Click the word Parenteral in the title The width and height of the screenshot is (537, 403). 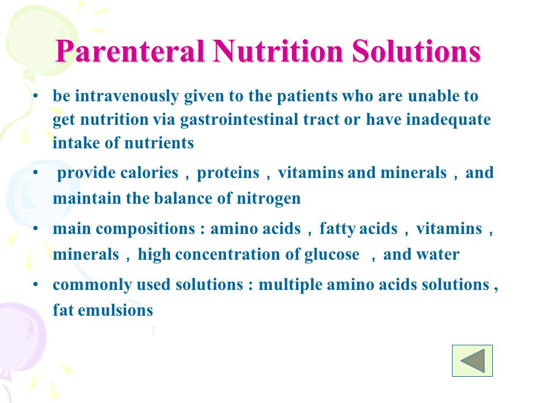[130, 51]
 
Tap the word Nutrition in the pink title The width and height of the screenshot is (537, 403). [278, 51]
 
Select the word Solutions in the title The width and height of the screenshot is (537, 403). [416, 51]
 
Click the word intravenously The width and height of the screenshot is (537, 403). [127, 96]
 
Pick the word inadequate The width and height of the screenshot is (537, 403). [448, 120]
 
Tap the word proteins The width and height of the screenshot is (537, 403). [228, 173]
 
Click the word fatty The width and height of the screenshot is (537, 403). [337, 229]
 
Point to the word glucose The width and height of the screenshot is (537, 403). [332, 255]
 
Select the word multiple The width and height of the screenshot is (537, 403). [290, 285]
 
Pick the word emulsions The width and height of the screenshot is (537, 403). [115, 311]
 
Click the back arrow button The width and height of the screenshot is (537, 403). [472, 360]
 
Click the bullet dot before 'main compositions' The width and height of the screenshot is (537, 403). [36, 228]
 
